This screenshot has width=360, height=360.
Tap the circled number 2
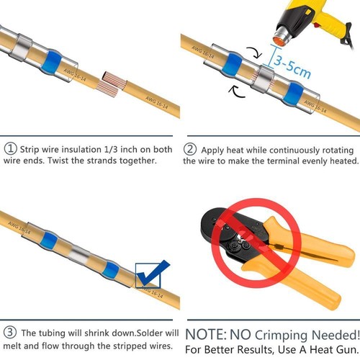tap(190, 149)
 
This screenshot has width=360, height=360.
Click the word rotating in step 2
tap(341, 149)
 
